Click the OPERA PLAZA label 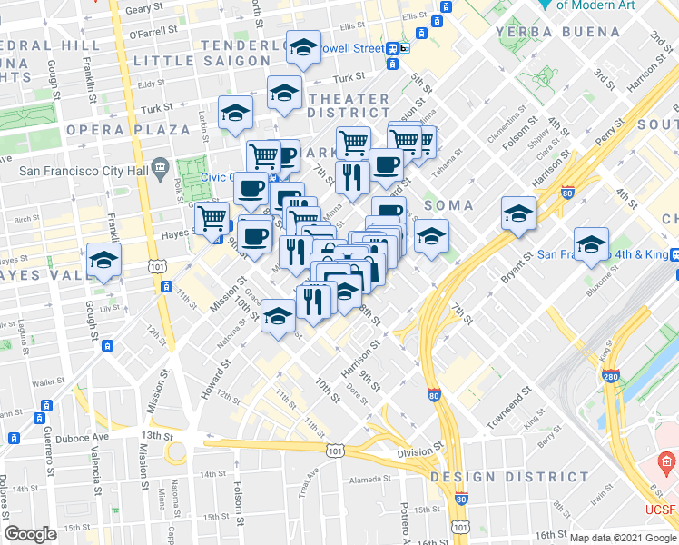127,130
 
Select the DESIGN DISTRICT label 489,477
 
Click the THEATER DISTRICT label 349,105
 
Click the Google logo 30,534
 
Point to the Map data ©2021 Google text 624,538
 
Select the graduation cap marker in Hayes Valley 104,261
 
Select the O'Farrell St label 150,34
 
